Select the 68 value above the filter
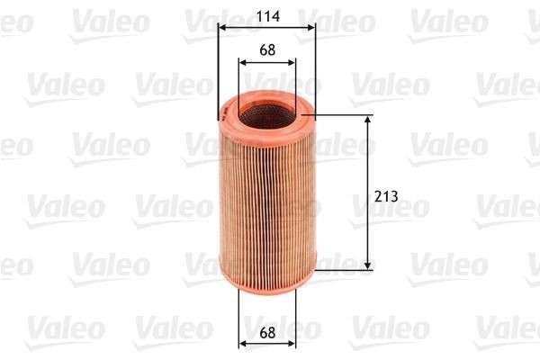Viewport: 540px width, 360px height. (x=266, y=50)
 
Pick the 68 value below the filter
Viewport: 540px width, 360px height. (x=266, y=331)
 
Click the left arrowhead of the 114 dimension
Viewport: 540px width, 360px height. (x=222, y=26)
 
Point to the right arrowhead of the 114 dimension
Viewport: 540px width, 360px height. (x=311, y=26)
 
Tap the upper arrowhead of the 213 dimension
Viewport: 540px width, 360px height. (x=368, y=121)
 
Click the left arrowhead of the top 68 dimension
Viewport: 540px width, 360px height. (x=243, y=62)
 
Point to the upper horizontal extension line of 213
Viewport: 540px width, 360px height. (x=346, y=115)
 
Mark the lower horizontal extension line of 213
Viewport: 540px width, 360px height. (x=346, y=268)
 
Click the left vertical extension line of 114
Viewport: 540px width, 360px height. (x=218, y=72)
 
